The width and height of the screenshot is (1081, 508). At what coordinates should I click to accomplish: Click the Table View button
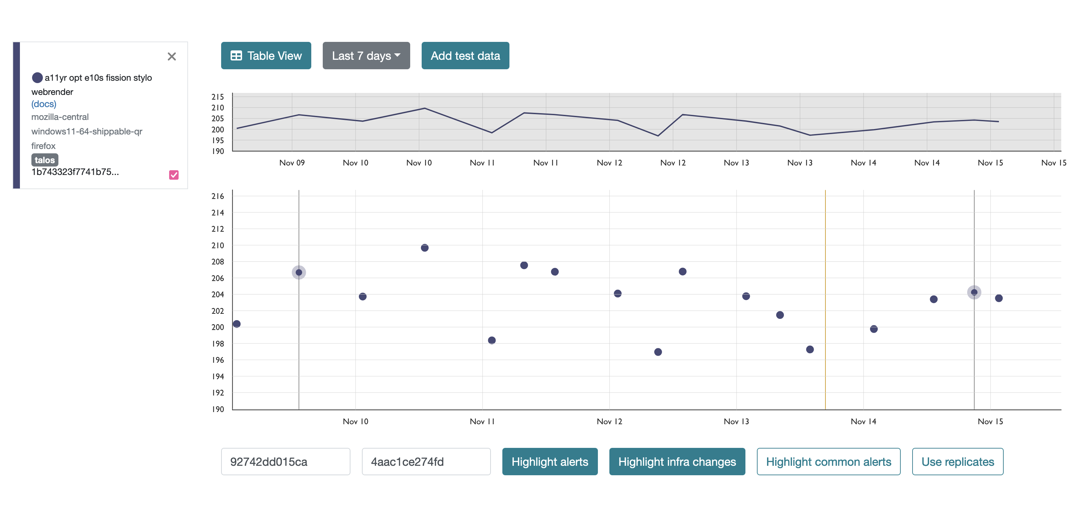point(266,55)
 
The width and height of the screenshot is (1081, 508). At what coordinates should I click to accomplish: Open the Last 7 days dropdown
point(366,55)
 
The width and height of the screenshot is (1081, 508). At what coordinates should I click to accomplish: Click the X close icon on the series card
point(172,57)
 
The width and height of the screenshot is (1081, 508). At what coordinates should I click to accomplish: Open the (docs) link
point(44,104)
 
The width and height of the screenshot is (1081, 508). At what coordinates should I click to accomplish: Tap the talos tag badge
point(45,160)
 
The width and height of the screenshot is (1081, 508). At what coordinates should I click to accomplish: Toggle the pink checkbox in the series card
point(174,175)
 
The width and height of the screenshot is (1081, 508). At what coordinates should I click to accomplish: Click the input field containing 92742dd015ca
point(285,461)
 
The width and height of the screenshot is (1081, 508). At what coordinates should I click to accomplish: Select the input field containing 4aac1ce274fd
point(426,461)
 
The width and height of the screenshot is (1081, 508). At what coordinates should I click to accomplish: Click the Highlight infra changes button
point(677,461)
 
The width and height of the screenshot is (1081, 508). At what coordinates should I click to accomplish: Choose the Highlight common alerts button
point(828,461)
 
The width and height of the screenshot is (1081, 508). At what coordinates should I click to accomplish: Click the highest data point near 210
point(425,248)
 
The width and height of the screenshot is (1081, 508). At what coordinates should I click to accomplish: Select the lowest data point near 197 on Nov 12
point(658,352)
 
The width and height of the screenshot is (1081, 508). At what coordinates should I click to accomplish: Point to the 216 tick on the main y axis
point(218,196)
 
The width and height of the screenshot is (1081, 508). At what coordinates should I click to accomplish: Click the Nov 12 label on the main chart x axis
point(609,421)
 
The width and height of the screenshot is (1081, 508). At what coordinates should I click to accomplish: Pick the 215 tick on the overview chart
point(218,97)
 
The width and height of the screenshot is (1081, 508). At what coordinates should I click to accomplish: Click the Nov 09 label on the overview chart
point(292,163)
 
